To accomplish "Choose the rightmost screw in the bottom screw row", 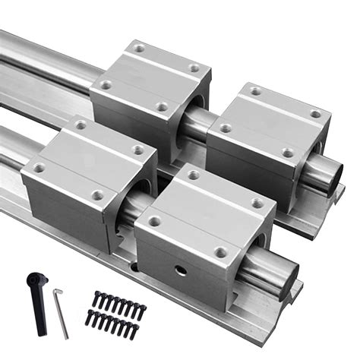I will [x=134, y=331].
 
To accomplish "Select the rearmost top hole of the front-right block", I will [x=194, y=175].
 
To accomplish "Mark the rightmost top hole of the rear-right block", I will [x=314, y=114].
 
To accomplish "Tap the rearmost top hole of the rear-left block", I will [x=139, y=48].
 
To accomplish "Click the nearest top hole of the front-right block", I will [x=220, y=251].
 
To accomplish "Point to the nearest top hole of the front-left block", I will [x=97, y=195].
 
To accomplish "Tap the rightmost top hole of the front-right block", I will [x=257, y=203].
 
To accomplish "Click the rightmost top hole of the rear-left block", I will [x=195, y=68].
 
